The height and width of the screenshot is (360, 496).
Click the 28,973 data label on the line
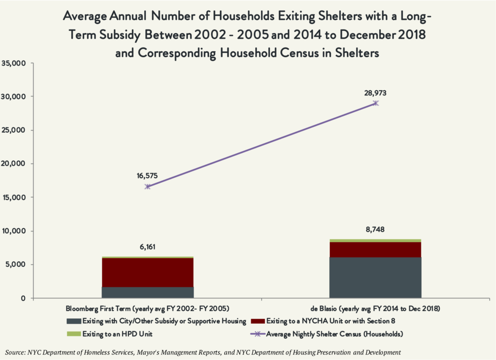pos(376,93)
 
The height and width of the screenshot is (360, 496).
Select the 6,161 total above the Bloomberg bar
pos(148,247)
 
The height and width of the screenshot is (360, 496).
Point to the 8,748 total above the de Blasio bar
pos(376,230)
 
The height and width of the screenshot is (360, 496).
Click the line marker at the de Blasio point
pos(376,103)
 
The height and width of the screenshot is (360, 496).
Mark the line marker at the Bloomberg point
pos(148,187)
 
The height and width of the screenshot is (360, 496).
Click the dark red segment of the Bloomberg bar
pos(148,272)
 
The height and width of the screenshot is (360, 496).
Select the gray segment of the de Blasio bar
pos(375,277)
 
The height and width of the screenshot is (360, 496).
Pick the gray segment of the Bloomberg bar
pos(148,292)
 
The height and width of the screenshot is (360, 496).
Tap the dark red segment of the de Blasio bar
pos(375,249)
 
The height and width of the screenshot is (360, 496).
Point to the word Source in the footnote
pos(15,352)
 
